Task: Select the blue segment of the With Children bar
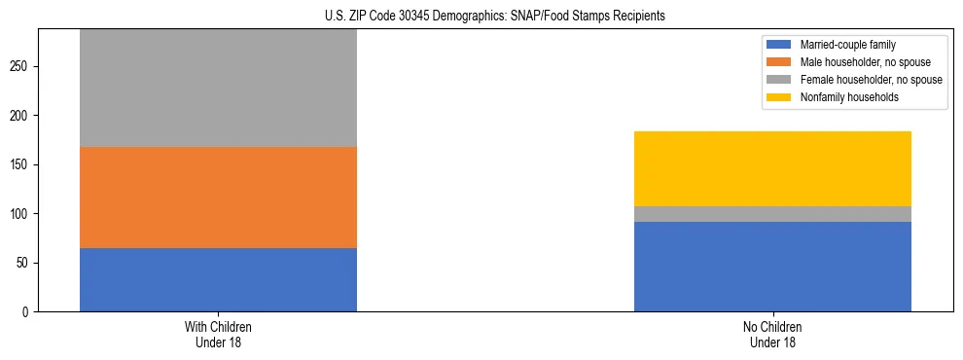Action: [x=218, y=279]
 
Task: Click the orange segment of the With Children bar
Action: [x=218, y=198]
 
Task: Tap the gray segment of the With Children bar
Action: [x=218, y=89]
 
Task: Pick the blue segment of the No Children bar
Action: [x=772, y=267]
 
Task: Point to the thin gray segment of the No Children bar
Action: [x=772, y=214]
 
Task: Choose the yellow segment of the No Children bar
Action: [x=772, y=168]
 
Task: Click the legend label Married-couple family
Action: [x=843, y=45]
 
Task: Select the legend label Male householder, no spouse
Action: [x=858, y=62]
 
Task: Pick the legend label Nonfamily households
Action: [x=842, y=97]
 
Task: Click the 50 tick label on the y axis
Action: [x=24, y=263]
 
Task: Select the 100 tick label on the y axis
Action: [x=21, y=214]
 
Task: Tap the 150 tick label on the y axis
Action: [x=21, y=164]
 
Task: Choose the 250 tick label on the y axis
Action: [x=21, y=66]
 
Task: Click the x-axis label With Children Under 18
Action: [x=218, y=335]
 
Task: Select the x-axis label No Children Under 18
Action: [x=772, y=335]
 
